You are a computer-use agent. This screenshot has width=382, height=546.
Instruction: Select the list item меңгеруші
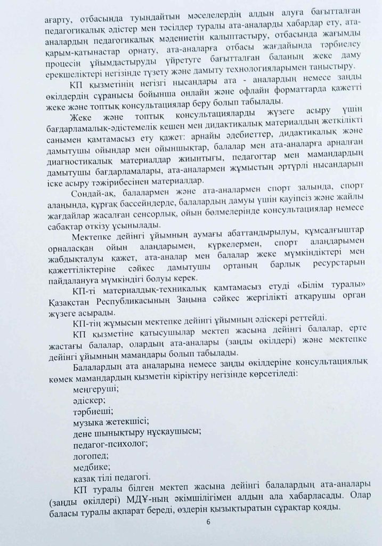pyautogui.click(x=94, y=389)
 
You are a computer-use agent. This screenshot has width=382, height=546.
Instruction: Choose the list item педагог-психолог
pyautogui.click(x=108, y=444)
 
